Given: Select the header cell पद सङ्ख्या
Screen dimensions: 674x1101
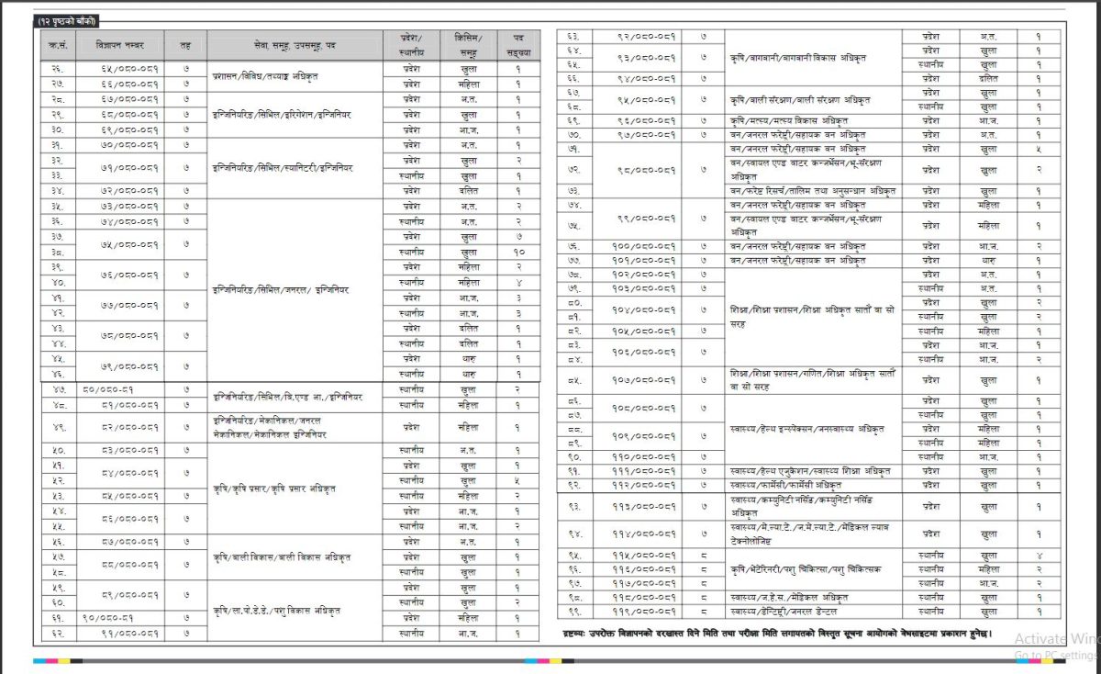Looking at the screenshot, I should pos(517,44).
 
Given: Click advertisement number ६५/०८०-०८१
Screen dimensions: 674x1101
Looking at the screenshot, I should pos(128,69).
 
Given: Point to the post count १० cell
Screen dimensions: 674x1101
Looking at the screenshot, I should pos(518,251).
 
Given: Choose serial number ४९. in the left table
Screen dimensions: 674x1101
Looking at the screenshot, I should pos(57,427).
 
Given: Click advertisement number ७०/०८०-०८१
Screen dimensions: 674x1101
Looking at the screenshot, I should pos(128,144).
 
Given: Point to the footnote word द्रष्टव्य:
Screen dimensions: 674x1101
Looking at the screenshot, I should pos(583,635).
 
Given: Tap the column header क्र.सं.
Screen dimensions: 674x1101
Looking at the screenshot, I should pos(57,44).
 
